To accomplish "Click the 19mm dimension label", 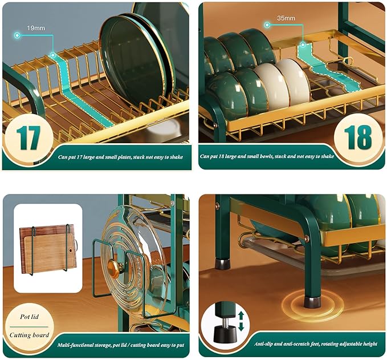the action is (36, 28).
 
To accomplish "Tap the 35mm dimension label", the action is (286, 18).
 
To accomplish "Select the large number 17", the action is (28, 137).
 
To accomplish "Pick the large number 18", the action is (358, 137).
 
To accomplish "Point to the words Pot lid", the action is (30, 317).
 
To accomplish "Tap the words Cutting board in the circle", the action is (30, 335).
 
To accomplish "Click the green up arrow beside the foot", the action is (241, 315).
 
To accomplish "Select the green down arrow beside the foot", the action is (241, 327).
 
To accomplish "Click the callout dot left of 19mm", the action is (17, 35).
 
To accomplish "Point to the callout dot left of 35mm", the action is (267, 25).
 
